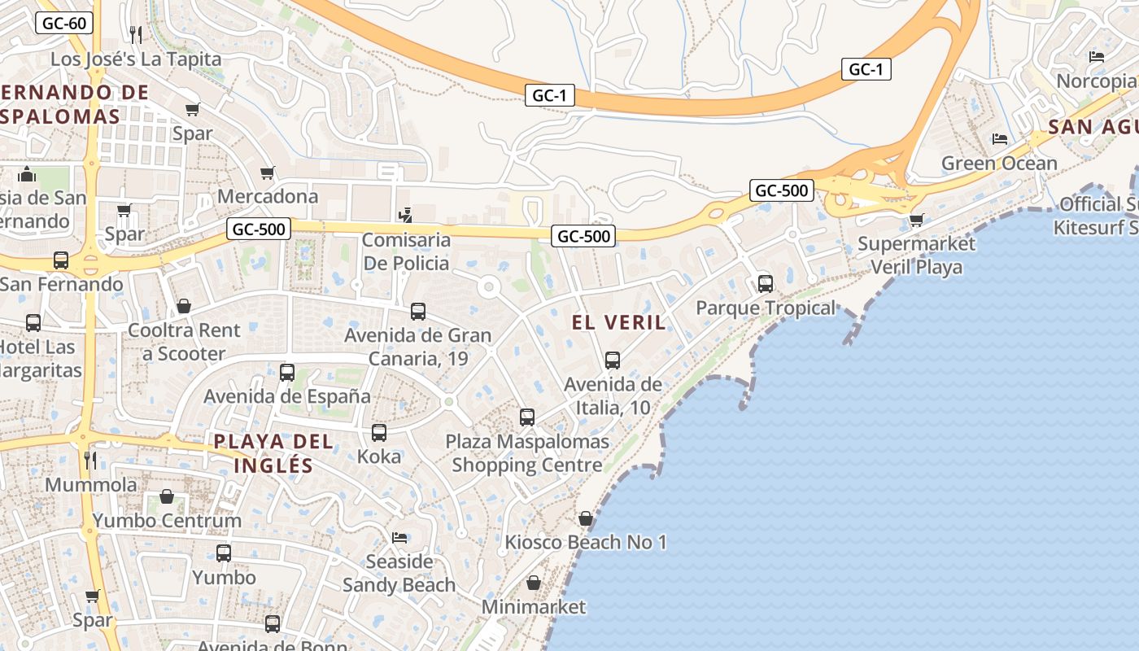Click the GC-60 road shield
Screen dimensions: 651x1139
point(64,23)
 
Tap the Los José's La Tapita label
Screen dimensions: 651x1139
point(136,59)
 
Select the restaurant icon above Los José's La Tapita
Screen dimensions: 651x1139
point(136,34)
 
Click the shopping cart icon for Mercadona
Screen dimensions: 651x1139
point(267,173)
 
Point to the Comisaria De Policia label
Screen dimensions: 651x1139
point(406,251)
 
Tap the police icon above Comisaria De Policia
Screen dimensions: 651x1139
point(405,215)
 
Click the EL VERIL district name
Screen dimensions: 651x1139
point(618,322)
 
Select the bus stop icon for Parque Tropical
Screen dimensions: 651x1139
point(765,283)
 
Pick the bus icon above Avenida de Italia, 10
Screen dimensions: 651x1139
point(613,360)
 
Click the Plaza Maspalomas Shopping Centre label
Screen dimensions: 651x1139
point(527,453)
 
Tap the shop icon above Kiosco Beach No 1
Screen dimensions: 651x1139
point(585,518)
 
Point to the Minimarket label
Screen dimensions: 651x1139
point(534,607)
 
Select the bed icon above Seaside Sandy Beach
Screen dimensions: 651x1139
point(399,538)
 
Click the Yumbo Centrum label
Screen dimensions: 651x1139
point(167,521)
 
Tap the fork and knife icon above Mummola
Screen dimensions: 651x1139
point(90,461)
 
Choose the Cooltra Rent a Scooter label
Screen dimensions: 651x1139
point(184,342)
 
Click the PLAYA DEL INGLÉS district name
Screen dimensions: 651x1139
point(273,453)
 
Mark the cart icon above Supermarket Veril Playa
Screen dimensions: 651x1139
point(917,220)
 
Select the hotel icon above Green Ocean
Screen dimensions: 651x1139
point(1000,139)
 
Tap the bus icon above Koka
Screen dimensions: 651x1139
point(379,433)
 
